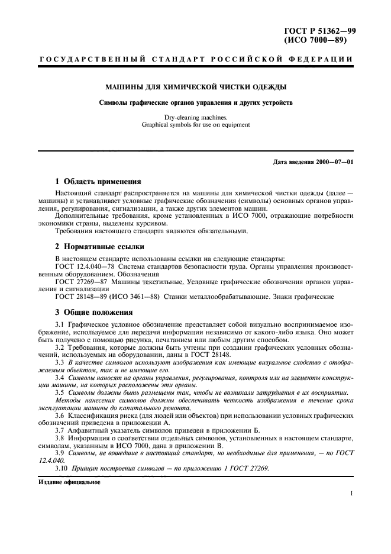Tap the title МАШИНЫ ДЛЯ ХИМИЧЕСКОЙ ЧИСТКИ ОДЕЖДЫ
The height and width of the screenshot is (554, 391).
click(x=196, y=86)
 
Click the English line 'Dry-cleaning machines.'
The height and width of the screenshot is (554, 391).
click(x=196, y=117)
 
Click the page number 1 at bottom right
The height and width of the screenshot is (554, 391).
click(x=351, y=492)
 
